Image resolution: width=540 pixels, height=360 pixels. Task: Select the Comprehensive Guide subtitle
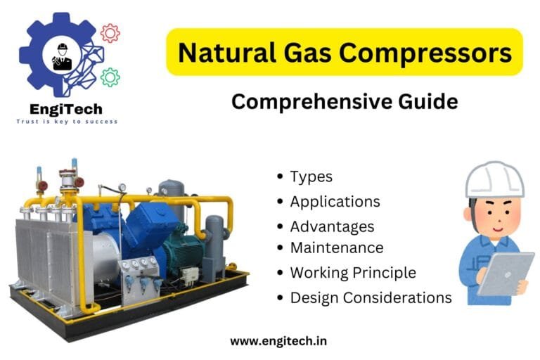pos(344,102)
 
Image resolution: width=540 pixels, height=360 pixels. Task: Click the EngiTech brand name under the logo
pos(67,109)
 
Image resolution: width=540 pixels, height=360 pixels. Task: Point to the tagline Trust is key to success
pos(67,122)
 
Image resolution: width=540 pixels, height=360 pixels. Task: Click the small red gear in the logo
pos(110,32)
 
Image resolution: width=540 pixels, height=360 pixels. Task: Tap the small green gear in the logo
pos(110,77)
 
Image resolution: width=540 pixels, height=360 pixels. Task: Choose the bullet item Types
pos(311,177)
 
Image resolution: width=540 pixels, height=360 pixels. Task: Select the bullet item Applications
pos(335,202)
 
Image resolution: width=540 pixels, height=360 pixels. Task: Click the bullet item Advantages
pos(332,226)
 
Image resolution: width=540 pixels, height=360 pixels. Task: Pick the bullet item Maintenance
pos(337,247)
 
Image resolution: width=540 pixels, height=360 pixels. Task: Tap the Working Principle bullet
pos(353,272)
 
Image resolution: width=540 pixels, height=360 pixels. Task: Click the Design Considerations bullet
pos(371,297)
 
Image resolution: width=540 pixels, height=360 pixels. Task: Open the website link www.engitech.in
pos(278,341)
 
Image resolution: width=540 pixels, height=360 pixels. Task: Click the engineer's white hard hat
pos(494,181)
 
